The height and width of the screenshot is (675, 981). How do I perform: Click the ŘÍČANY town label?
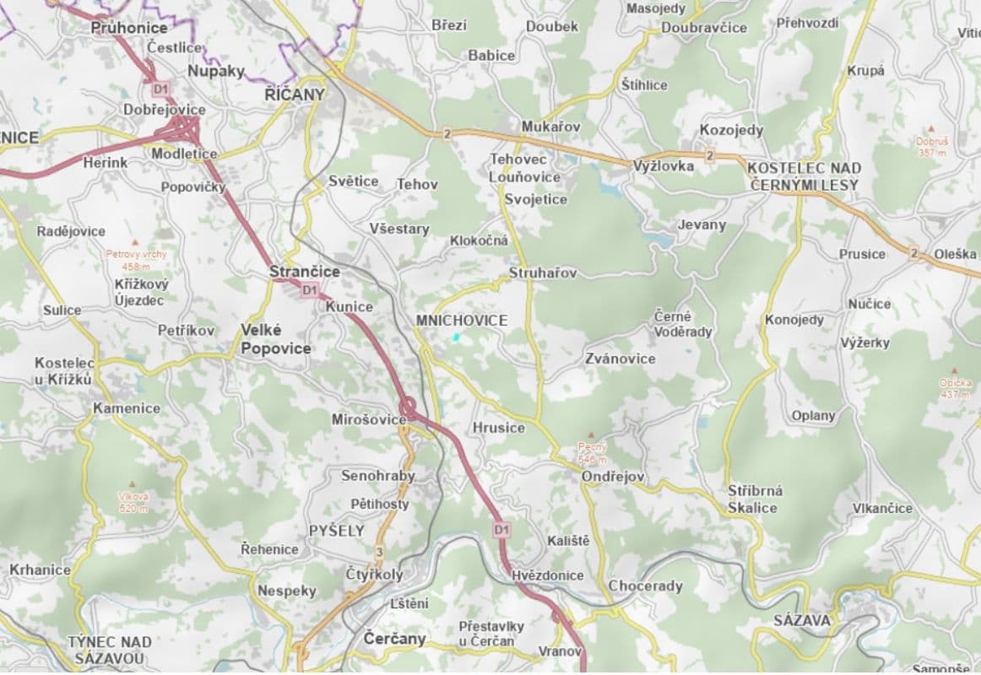click(x=295, y=94)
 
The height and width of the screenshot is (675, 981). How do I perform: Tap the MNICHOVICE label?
click(x=462, y=321)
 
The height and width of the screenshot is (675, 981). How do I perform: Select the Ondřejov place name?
click(x=613, y=477)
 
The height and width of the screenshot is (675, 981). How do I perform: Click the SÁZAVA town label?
click(x=802, y=620)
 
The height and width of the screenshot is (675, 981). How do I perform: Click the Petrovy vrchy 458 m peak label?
click(x=136, y=259)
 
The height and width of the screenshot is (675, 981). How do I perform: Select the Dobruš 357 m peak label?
click(x=932, y=147)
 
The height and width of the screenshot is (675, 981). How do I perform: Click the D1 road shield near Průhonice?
click(x=160, y=88)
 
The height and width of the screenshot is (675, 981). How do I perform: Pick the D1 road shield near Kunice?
click(x=310, y=290)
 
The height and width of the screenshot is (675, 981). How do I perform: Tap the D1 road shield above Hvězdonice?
click(x=502, y=530)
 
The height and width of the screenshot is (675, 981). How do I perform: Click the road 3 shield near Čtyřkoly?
click(x=380, y=552)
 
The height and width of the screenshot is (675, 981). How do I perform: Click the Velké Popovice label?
click(x=275, y=339)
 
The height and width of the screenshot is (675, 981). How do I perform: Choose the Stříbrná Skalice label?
click(x=754, y=499)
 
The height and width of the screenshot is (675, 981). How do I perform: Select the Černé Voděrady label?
click(x=683, y=324)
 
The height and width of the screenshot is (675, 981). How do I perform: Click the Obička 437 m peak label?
click(x=954, y=388)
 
